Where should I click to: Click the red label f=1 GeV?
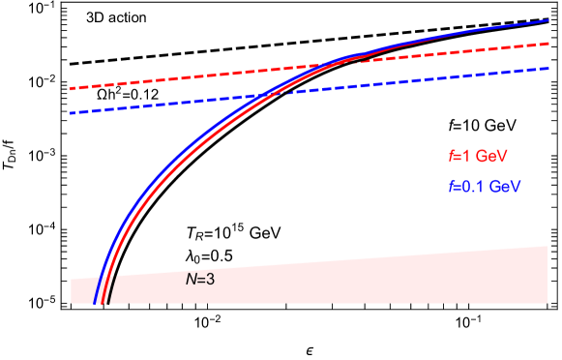click(x=478, y=155)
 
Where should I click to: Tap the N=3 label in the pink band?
click(x=200, y=279)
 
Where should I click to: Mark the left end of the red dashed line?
click(x=71, y=89)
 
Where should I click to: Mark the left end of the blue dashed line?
click(x=71, y=113)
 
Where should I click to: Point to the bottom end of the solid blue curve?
click(x=95, y=303)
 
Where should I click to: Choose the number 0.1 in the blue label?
click(x=472, y=186)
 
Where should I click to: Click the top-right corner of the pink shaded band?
click(x=548, y=246)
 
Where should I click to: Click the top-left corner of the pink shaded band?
click(x=72, y=279)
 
